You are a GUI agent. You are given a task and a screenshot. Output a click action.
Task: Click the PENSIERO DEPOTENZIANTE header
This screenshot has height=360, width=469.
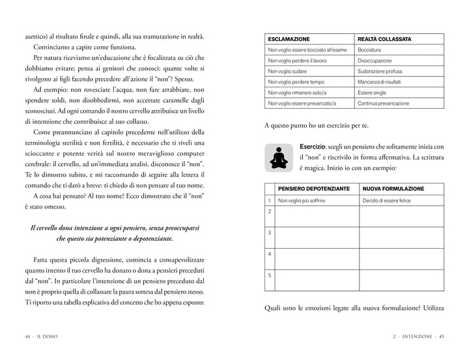(313, 189)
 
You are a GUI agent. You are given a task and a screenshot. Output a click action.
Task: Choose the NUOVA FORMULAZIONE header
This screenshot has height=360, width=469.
(393, 189)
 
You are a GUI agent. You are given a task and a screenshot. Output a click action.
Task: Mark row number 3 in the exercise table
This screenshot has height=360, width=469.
(270, 232)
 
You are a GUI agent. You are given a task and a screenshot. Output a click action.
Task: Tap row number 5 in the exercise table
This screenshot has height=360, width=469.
(270, 275)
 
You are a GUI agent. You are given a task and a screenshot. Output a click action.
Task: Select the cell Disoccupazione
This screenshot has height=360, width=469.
(375, 61)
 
